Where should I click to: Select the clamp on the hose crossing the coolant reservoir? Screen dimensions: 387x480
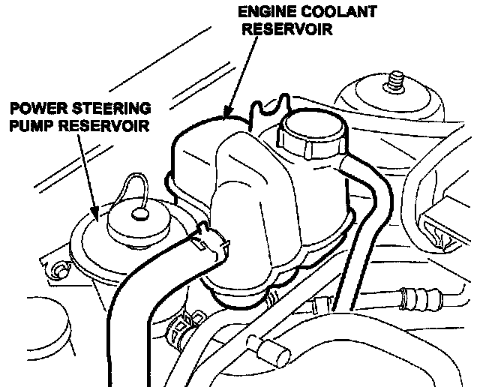click(211, 238)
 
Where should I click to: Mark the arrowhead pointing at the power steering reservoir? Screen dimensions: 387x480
click(97, 216)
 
